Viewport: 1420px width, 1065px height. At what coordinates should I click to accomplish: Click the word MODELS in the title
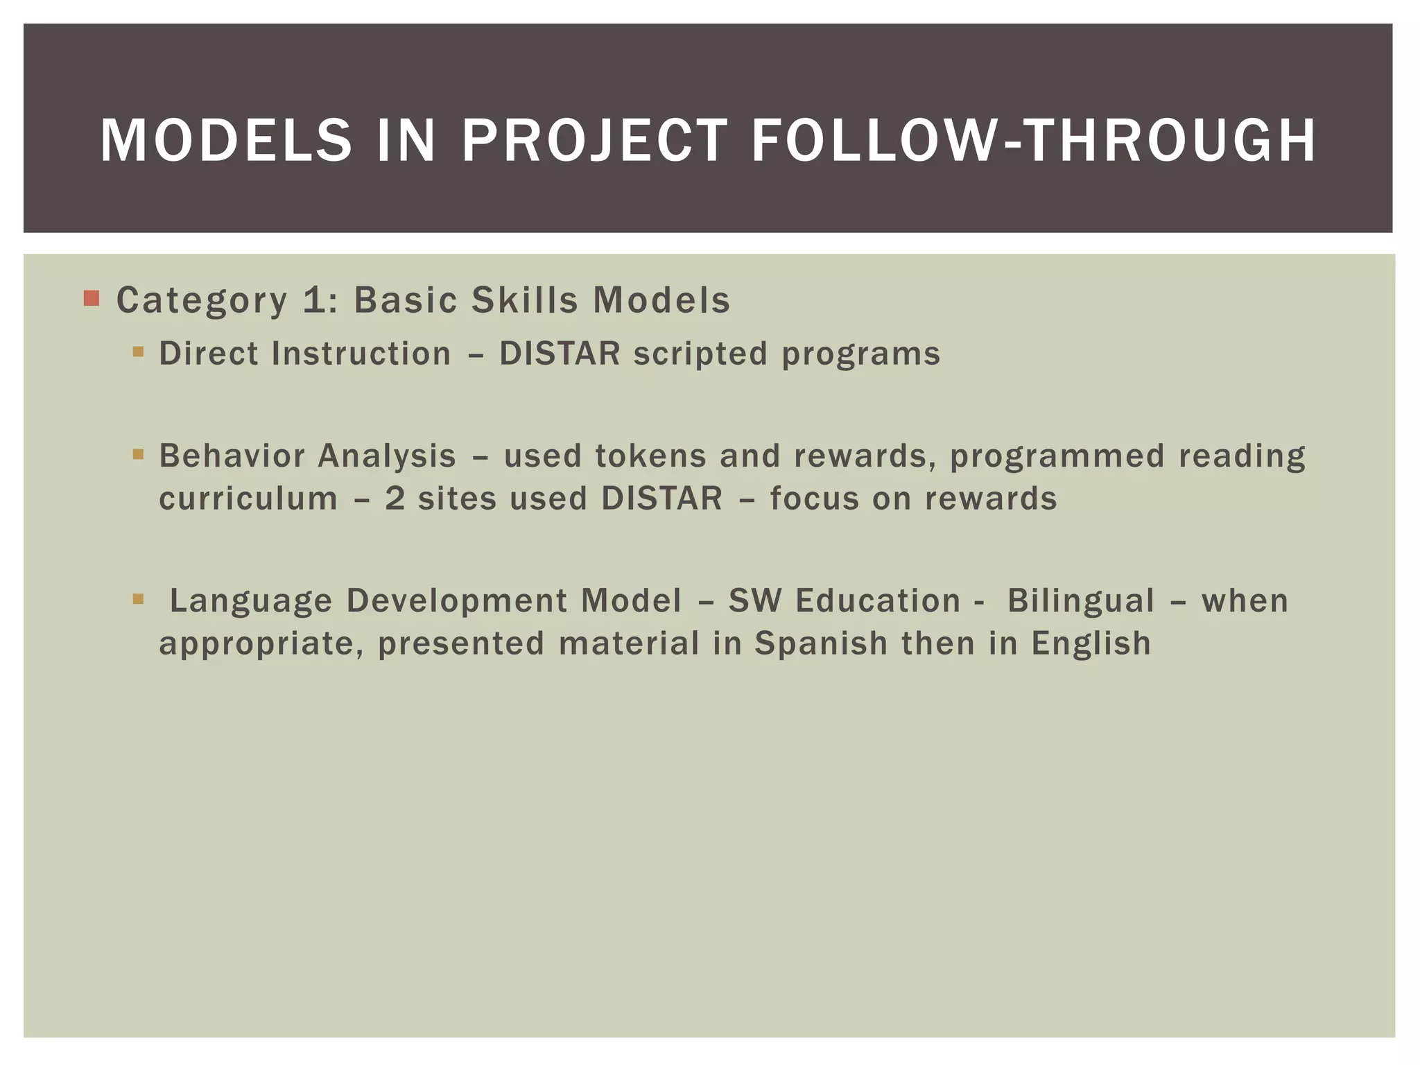pyautogui.click(x=226, y=141)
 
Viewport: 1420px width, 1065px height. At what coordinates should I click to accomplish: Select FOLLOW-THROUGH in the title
pyautogui.click(x=1033, y=141)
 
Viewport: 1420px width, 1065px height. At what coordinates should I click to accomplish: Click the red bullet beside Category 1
pyautogui.click(x=92, y=299)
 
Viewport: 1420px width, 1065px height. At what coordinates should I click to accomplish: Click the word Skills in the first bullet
pyautogui.click(x=525, y=300)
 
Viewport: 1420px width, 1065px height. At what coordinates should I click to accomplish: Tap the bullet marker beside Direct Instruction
pyautogui.click(x=138, y=352)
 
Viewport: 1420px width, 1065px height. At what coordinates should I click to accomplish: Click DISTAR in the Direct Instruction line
pyautogui.click(x=560, y=354)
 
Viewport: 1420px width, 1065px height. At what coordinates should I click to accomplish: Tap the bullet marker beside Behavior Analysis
pyautogui.click(x=138, y=455)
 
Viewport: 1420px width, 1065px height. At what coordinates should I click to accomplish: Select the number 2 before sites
pyautogui.click(x=395, y=499)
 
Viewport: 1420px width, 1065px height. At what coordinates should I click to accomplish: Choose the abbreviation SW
pyautogui.click(x=754, y=600)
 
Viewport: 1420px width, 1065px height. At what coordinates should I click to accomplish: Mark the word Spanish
pyautogui.click(x=821, y=643)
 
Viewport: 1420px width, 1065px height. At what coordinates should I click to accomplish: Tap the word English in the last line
pyautogui.click(x=1091, y=643)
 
